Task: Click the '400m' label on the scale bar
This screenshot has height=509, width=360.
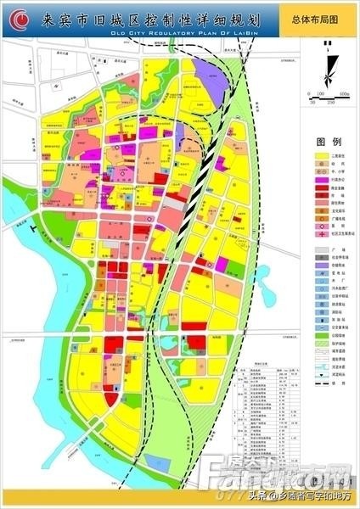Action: click(x=343, y=93)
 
